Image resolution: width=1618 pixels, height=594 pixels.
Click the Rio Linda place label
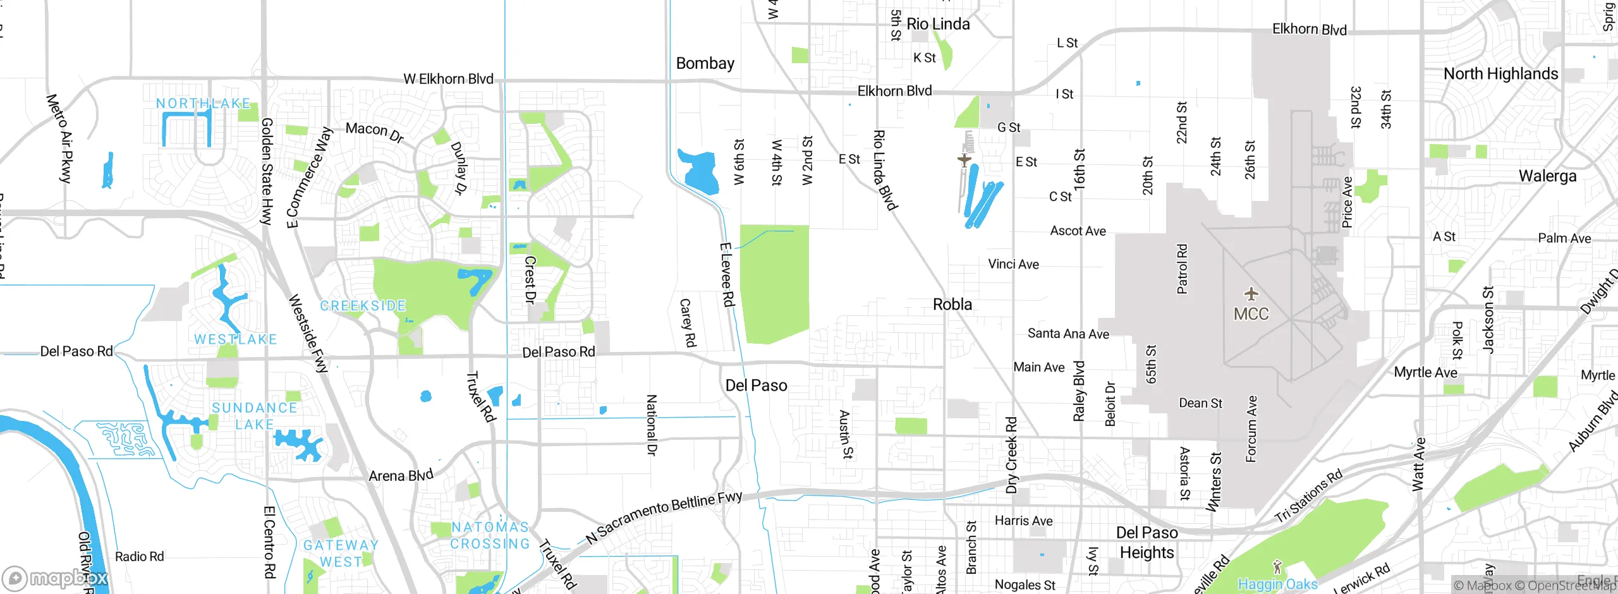(938, 24)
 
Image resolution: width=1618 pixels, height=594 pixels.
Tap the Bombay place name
(705, 63)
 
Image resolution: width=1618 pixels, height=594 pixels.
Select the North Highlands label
(1500, 74)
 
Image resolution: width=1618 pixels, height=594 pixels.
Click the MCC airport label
(1251, 313)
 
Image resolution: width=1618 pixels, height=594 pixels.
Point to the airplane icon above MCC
(1251, 294)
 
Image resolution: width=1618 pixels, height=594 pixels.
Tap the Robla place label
(952, 305)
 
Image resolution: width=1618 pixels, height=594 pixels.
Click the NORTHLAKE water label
(203, 103)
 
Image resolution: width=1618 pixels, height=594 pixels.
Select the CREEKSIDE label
(363, 306)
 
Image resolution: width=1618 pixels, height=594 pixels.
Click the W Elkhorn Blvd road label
(448, 79)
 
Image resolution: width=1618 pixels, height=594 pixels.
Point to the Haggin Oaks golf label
(1277, 584)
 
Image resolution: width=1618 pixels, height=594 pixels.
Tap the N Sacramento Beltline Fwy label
(664, 516)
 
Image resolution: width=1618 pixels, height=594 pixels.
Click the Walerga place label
(1547, 176)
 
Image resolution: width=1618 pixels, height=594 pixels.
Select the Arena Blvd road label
(401, 475)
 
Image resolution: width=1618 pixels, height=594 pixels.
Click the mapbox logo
(56, 578)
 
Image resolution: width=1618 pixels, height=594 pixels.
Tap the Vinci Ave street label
(1013, 264)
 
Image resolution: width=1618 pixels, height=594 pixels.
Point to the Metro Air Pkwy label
(61, 138)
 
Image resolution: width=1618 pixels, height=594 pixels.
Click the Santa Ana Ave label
(1068, 334)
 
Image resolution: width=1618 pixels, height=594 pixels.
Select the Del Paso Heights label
(1147, 542)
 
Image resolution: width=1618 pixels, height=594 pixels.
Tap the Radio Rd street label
(139, 557)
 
